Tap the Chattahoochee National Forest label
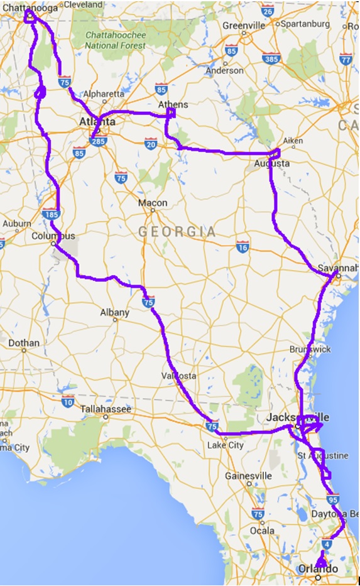[116, 40]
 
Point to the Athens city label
[172, 105]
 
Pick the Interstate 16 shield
[243, 247]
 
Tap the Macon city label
[153, 203]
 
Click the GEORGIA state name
[177, 232]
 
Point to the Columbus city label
[53, 236]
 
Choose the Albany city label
[115, 312]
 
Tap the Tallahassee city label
[106, 409]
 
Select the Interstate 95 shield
[334, 499]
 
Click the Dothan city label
[23, 343]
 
